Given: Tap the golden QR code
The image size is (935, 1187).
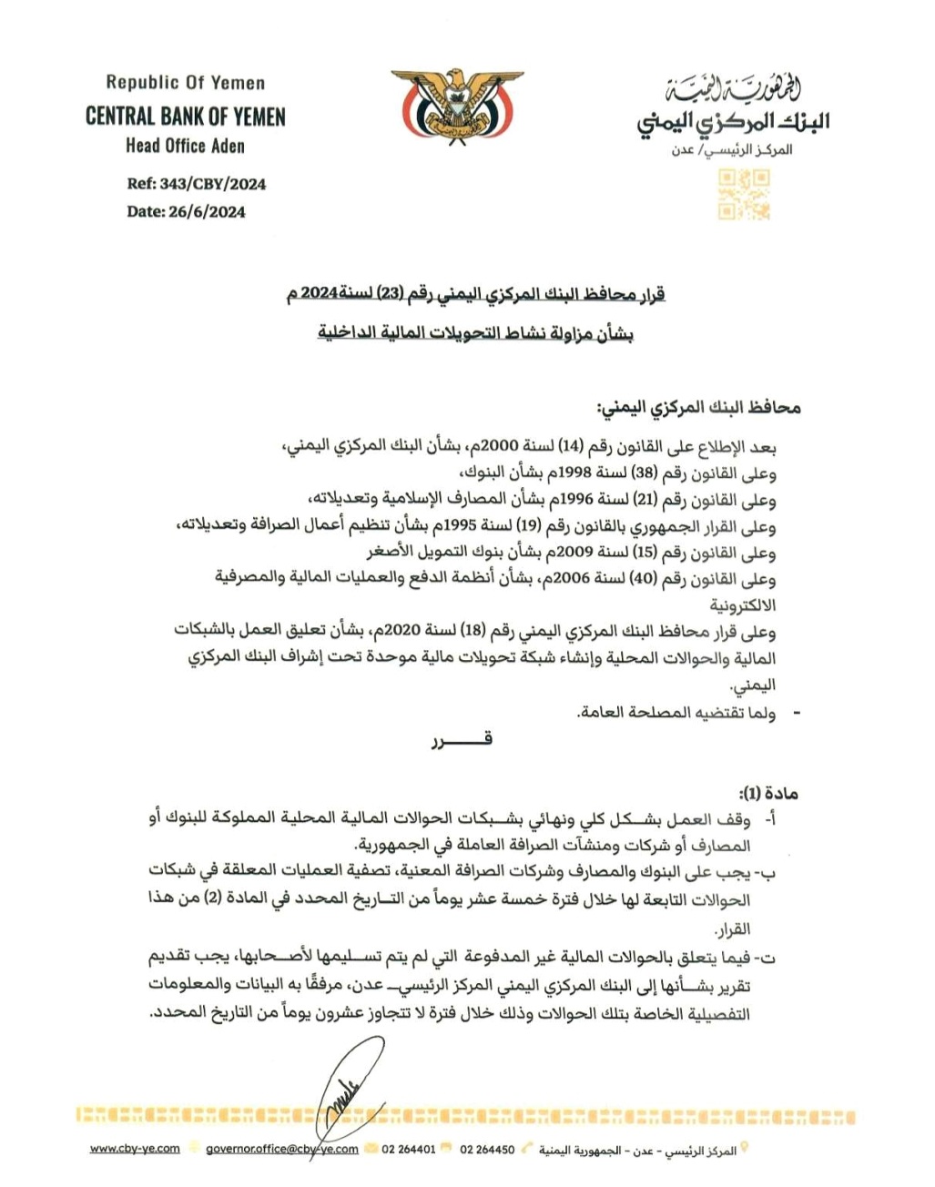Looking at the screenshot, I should coord(744,196).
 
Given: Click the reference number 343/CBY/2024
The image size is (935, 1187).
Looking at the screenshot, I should coord(212,184).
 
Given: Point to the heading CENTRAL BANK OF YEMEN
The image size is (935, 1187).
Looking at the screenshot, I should coord(186,117).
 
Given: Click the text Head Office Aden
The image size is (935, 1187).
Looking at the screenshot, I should coord(186,146).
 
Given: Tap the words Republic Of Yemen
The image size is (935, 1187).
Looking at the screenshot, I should coord(186,83).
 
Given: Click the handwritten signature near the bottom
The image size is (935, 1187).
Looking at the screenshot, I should coord(347,1088).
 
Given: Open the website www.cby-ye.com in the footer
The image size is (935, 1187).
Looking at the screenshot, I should coord(135,1149).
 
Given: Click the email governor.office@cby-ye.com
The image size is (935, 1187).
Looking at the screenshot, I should coord(282,1149).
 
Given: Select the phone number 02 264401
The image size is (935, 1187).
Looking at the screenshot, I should coord(409,1150).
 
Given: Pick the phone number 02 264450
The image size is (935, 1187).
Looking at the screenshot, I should coord(487,1150).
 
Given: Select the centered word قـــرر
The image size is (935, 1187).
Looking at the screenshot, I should coord(462,740).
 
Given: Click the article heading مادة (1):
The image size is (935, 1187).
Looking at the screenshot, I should coord(768,793).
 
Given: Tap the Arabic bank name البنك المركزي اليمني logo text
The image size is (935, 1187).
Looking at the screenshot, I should coord(733,123).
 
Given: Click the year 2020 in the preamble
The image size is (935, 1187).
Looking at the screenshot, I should coord(398,632).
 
